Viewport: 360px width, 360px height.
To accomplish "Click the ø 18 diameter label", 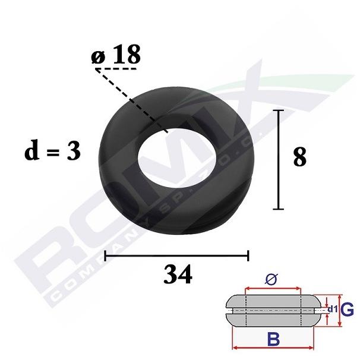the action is (x=116, y=55).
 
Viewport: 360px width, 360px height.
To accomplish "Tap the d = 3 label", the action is (x=53, y=151).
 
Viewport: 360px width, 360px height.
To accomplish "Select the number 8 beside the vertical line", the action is (x=300, y=157).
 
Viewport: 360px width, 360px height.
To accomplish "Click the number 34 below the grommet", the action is (x=178, y=274).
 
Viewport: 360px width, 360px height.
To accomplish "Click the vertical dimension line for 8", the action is (x=278, y=160).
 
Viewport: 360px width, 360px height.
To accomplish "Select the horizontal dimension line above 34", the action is (x=176, y=255).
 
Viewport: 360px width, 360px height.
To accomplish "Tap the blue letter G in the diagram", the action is (x=347, y=310).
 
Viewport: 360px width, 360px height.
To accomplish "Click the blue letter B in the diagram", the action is (x=273, y=339).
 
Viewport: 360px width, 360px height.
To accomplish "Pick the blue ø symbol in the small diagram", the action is (x=271, y=279).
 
